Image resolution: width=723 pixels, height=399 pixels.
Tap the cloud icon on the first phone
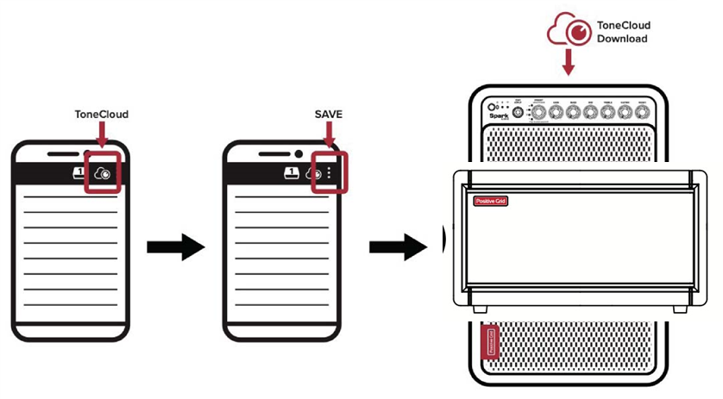click(x=103, y=172)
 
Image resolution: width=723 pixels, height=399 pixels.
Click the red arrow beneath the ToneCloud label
click(x=101, y=134)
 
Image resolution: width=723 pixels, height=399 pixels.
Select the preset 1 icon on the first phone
click(x=79, y=172)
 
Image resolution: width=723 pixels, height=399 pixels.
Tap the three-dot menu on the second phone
click(x=333, y=172)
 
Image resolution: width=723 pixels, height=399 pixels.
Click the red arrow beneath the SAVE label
click(x=329, y=134)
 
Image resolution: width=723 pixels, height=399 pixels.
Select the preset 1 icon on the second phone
click(x=292, y=172)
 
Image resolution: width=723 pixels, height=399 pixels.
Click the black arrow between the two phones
click(x=175, y=247)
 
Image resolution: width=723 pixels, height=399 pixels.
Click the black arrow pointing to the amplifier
click(x=398, y=247)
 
